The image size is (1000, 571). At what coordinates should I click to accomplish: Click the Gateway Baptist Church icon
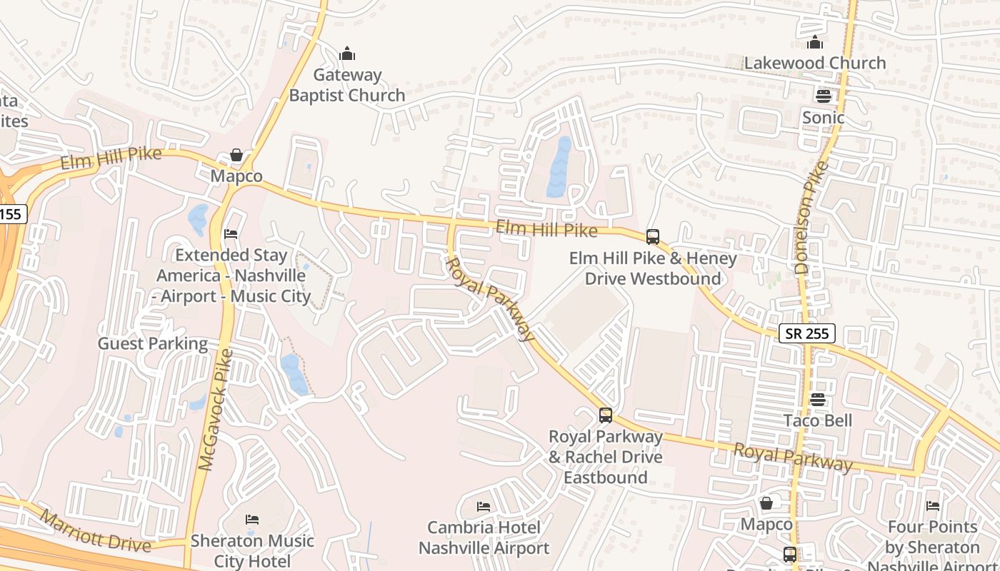click(x=347, y=54)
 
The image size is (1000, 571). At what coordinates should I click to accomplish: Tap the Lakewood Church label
click(x=815, y=63)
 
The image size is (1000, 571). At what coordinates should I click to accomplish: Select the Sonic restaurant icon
click(x=823, y=96)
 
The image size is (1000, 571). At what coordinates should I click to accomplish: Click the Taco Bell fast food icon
click(x=818, y=400)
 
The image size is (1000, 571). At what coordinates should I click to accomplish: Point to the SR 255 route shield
click(x=806, y=333)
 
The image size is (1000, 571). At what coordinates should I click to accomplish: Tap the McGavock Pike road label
click(x=216, y=410)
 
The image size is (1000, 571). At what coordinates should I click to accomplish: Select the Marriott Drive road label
click(x=95, y=531)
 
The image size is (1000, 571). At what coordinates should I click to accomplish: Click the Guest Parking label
click(x=153, y=343)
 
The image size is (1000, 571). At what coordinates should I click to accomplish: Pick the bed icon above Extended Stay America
click(x=231, y=234)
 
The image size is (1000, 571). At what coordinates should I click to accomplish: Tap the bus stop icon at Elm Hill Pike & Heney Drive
click(x=652, y=237)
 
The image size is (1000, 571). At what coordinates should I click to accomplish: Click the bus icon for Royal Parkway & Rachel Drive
click(x=605, y=415)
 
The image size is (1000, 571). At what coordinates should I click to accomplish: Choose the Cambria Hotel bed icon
click(x=484, y=507)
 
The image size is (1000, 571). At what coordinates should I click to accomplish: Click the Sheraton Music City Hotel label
click(x=252, y=551)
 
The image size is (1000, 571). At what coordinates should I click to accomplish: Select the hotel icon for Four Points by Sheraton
click(x=933, y=506)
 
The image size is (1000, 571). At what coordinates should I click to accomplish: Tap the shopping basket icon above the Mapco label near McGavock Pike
click(x=236, y=155)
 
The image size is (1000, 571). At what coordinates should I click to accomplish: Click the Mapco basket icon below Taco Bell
click(x=766, y=503)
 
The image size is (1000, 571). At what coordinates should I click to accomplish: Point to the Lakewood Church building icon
click(x=815, y=42)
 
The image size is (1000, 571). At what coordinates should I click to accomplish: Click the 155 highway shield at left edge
click(x=11, y=213)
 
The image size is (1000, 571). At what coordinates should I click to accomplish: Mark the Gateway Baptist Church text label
click(x=347, y=85)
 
